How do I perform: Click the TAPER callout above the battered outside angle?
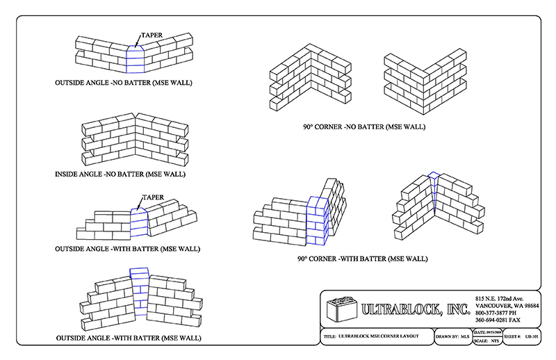point(153,197)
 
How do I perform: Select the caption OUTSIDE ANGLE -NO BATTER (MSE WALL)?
point(124,83)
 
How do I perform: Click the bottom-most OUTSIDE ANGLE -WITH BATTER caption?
point(129,338)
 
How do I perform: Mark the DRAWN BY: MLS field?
point(452,336)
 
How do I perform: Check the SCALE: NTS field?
point(486,341)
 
